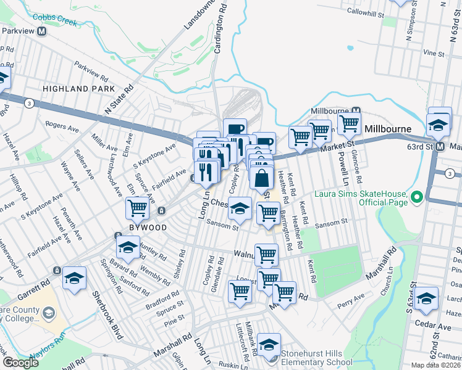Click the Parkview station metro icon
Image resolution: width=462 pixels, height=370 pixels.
click(x=43, y=31)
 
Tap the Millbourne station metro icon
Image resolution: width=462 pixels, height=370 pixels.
click(x=364, y=110)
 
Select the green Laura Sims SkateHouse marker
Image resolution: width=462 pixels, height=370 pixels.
click(x=417, y=197)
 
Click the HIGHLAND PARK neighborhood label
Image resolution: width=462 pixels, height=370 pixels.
click(x=71, y=89)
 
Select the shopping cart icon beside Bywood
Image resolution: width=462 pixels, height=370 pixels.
click(x=137, y=208)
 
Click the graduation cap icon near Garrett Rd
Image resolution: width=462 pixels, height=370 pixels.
click(x=74, y=279)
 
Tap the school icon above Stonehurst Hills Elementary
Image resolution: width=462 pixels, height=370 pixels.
click(x=269, y=345)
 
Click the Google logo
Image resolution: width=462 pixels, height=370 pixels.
click(x=20, y=363)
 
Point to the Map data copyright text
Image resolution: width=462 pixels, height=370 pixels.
click(x=435, y=365)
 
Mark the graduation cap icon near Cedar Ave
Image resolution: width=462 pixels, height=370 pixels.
click(x=426, y=298)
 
